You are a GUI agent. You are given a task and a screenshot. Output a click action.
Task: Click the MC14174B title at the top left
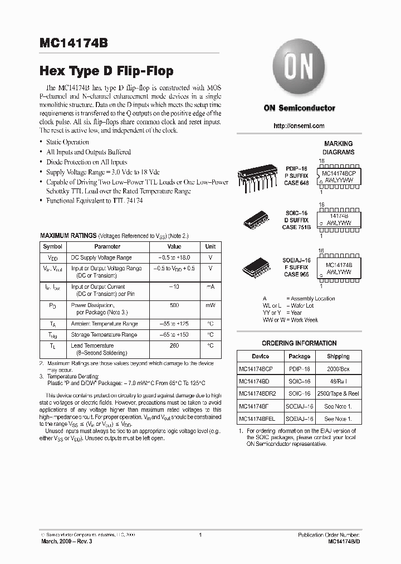click(75, 44)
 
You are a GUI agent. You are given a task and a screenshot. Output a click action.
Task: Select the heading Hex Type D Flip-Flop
click(106, 71)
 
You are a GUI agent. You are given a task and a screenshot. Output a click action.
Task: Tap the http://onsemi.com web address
click(299, 126)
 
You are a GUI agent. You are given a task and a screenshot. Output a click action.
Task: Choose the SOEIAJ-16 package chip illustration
click(260, 266)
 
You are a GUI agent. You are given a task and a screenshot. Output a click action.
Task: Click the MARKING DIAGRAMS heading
click(338, 148)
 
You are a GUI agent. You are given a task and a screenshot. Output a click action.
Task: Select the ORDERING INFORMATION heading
click(299, 343)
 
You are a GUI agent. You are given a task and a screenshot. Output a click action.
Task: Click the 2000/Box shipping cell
click(338, 369)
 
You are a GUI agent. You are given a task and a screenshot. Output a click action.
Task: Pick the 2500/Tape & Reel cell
click(338, 393)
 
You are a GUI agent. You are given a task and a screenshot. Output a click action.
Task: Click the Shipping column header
click(338, 357)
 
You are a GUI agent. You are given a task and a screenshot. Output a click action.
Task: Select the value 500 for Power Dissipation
click(174, 305)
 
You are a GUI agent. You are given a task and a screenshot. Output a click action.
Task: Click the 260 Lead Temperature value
click(174, 346)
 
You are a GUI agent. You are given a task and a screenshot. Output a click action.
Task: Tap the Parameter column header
click(107, 246)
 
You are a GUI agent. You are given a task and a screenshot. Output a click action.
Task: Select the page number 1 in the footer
click(200, 535)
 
